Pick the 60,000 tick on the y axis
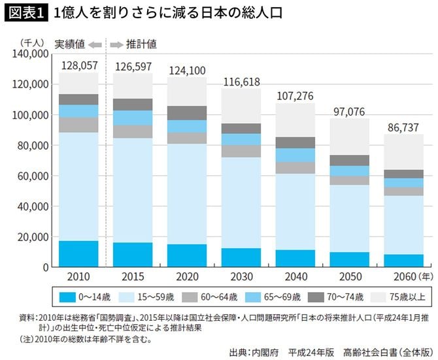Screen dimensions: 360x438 coord(31,176)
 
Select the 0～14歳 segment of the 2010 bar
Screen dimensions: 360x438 coord(78,254)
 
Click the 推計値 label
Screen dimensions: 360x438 coord(141,45)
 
